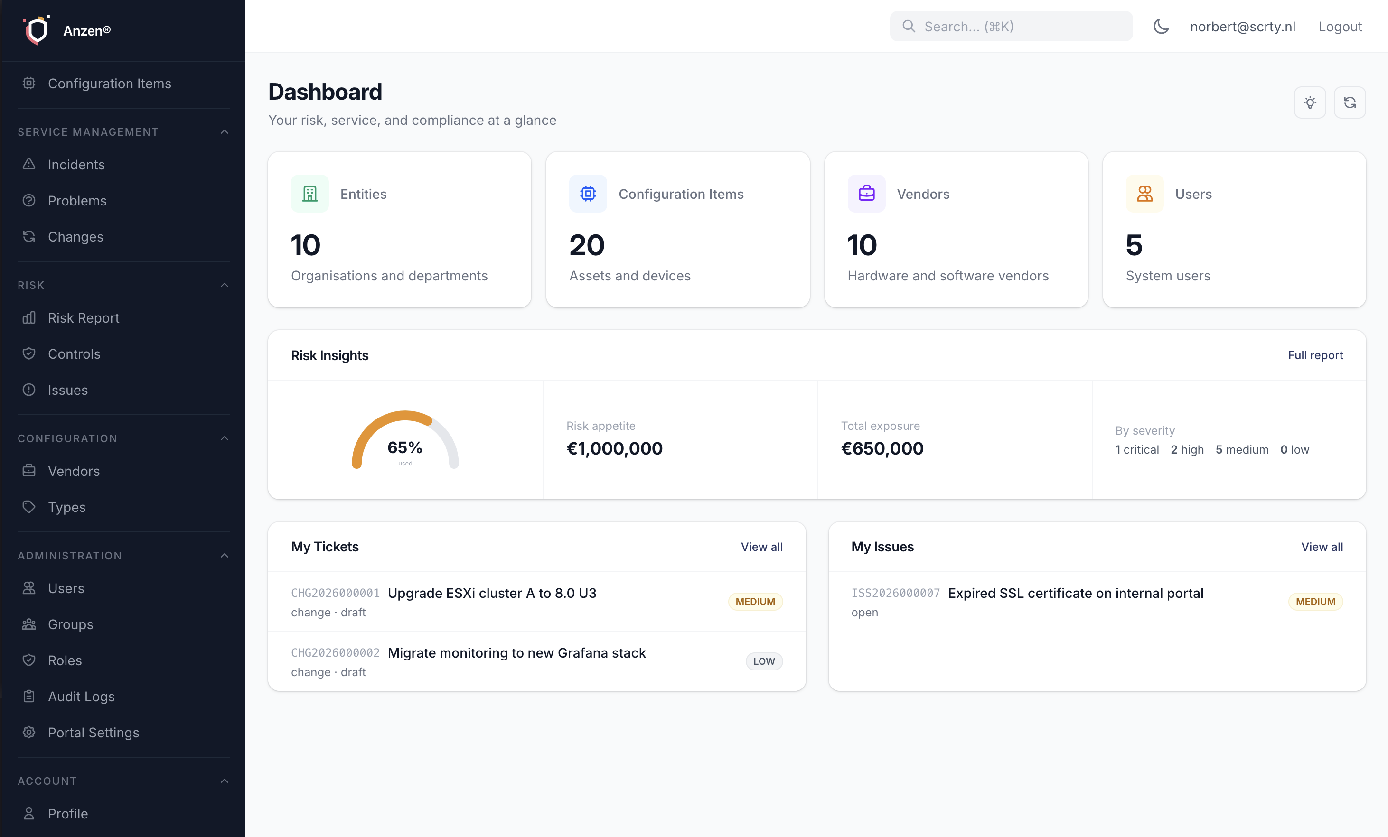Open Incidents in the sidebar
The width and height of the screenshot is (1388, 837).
click(x=76, y=165)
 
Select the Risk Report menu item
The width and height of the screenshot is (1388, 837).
click(x=84, y=318)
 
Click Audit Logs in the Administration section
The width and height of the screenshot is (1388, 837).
click(x=81, y=696)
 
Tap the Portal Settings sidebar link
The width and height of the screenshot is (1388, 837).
click(x=93, y=732)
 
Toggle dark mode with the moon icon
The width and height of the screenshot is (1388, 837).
click(x=1161, y=27)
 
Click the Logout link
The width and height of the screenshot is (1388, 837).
click(x=1340, y=27)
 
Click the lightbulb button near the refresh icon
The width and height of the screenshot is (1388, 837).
click(x=1310, y=102)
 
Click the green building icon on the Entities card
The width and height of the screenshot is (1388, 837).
click(x=310, y=194)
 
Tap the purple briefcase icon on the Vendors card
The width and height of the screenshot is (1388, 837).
click(x=866, y=194)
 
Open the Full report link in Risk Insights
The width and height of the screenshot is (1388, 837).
click(x=1315, y=355)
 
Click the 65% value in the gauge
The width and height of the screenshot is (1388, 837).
click(x=404, y=447)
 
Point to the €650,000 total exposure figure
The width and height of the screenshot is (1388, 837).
click(x=882, y=448)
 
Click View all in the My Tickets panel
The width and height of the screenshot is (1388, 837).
click(x=761, y=546)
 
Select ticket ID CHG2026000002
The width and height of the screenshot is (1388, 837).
click(x=335, y=653)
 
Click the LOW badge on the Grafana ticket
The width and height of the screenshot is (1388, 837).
click(x=764, y=661)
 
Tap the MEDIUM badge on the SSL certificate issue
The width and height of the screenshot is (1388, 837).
click(x=1315, y=602)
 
